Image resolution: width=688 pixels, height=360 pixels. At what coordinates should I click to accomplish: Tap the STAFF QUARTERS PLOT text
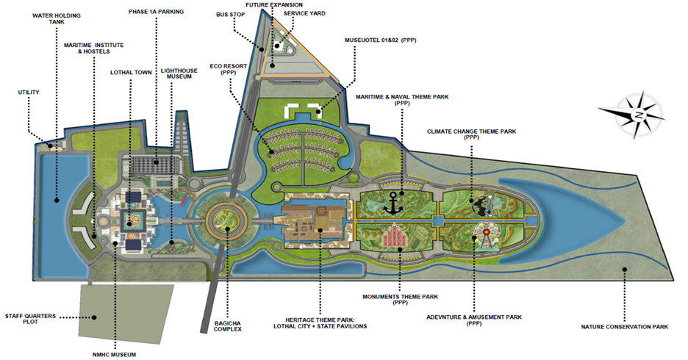[x=29, y=317]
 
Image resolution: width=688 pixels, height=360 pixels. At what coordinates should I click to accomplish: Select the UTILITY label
[x=29, y=92]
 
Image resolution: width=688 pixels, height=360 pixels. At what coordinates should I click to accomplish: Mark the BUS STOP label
[x=230, y=14]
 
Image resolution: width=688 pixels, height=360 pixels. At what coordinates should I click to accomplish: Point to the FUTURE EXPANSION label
[x=273, y=4]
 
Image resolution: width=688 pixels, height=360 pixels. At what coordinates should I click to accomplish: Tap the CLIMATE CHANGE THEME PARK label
[x=472, y=132]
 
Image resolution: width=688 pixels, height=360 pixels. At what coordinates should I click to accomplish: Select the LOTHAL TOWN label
[x=131, y=72]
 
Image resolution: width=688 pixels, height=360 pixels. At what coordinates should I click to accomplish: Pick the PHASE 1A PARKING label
[x=156, y=12]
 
